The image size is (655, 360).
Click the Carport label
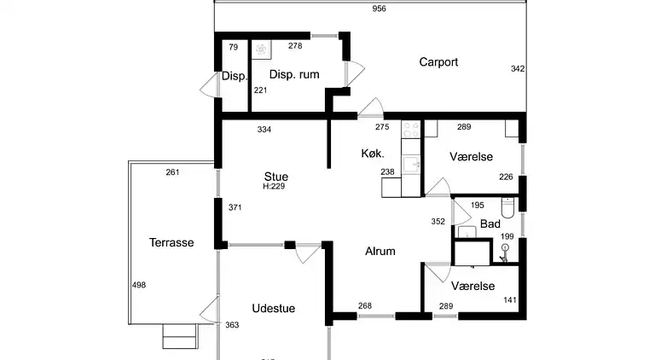[438, 62]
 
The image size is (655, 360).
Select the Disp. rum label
[294, 74]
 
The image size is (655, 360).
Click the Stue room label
[275, 177]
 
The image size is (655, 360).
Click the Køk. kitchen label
[372, 154]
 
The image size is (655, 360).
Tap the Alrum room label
[380, 251]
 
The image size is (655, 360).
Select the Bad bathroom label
[490, 224]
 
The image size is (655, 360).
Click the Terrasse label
[171, 242]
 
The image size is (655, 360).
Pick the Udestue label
[273, 308]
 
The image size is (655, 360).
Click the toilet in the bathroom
[508, 207]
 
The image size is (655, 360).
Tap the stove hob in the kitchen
[411, 131]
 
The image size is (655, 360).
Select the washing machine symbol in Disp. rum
[261, 49]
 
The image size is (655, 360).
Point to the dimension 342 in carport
[517, 68]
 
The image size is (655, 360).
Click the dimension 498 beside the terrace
[138, 286]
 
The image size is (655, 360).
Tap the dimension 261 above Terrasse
[172, 172]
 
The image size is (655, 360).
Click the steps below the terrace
[181, 338]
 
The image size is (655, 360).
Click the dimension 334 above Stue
[266, 130]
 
